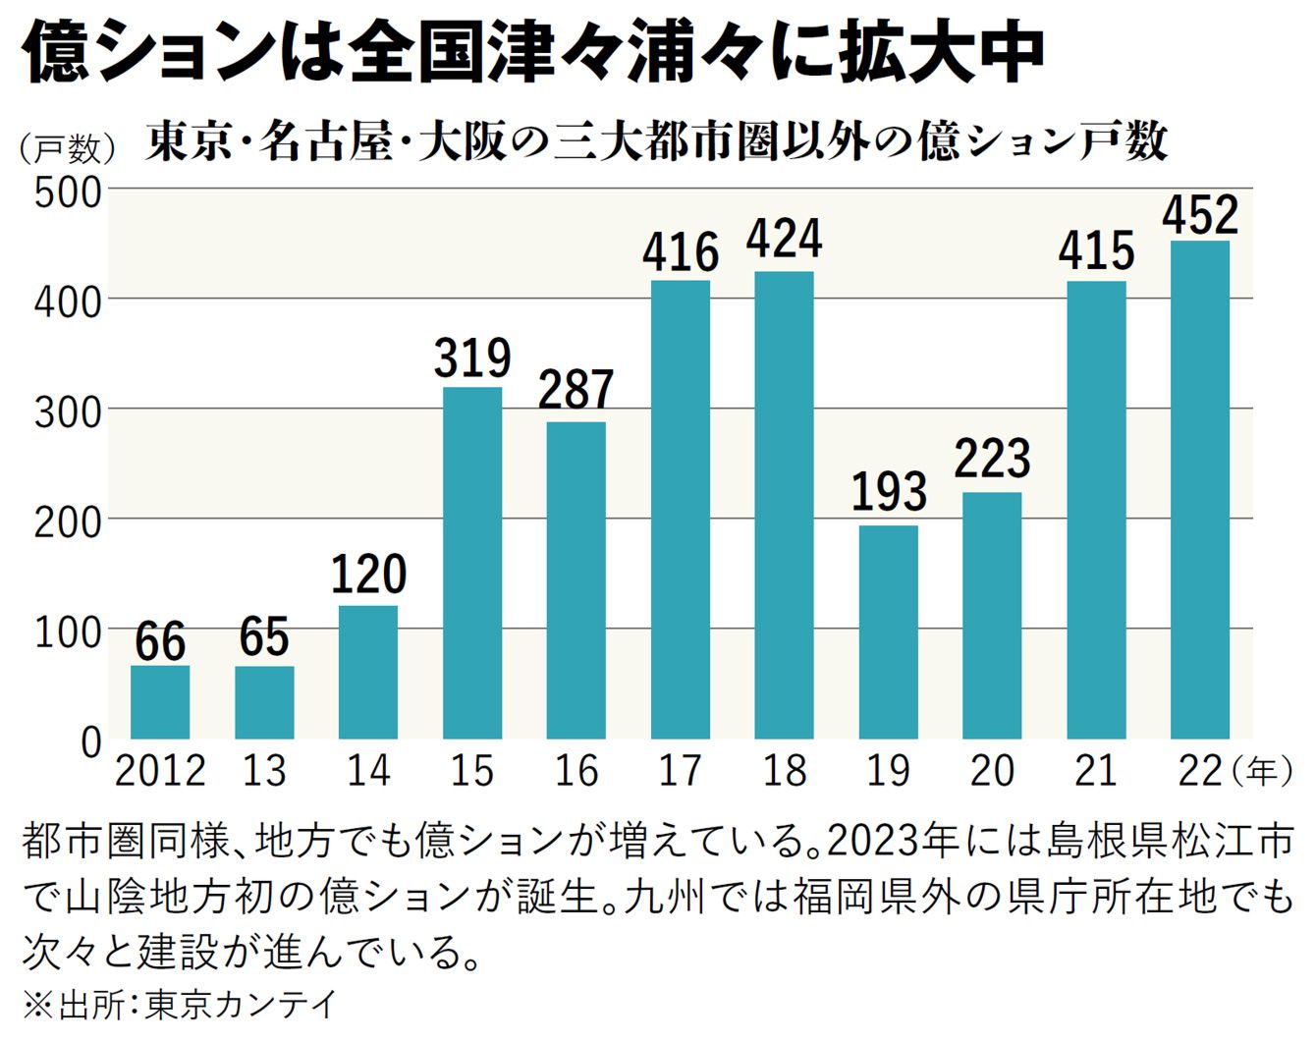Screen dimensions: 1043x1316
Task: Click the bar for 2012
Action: (x=160, y=701)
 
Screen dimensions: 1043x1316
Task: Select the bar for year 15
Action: (x=472, y=562)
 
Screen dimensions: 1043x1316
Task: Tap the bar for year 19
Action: (x=888, y=631)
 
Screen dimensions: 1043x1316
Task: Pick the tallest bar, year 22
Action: (x=1200, y=489)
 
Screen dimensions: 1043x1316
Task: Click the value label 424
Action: (x=784, y=240)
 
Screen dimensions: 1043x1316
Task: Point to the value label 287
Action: (x=576, y=390)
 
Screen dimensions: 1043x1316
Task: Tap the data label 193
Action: (x=888, y=492)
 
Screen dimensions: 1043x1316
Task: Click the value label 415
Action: (x=1096, y=250)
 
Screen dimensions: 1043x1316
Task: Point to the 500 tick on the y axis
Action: (x=68, y=192)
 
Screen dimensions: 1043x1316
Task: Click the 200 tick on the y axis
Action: (x=68, y=521)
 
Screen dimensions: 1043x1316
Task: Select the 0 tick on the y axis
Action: (x=90, y=741)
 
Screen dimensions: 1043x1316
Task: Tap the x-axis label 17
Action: (x=680, y=771)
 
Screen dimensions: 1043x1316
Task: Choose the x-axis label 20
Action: (x=992, y=771)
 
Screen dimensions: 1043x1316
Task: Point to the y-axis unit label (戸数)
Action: (x=67, y=148)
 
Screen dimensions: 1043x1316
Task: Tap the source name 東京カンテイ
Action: (x=242, y=1005)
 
